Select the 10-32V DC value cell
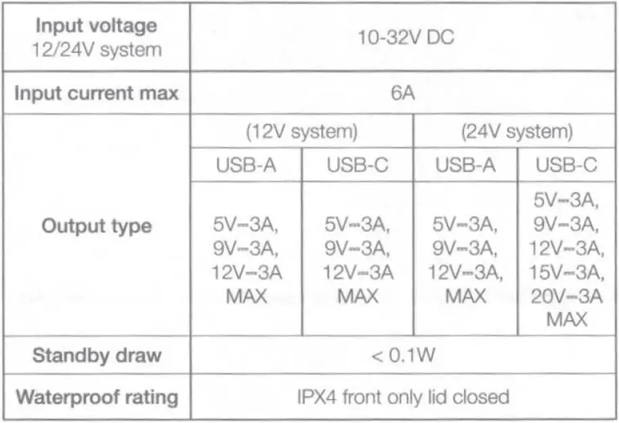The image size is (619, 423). pos(404,37)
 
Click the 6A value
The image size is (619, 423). pos(404,93)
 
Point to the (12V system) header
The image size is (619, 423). pos(301,131)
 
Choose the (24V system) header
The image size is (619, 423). pos(517,131)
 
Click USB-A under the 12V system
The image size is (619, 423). pos(247,165)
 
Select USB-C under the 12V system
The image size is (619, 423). pos(356,165)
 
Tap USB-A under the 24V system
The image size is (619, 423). pos(465,165)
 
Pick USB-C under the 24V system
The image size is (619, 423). pos(567,165)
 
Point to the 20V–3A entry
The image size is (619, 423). pos(568,296)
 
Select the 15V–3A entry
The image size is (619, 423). pos(568,273)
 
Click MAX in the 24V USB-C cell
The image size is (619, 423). pos(567,319)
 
